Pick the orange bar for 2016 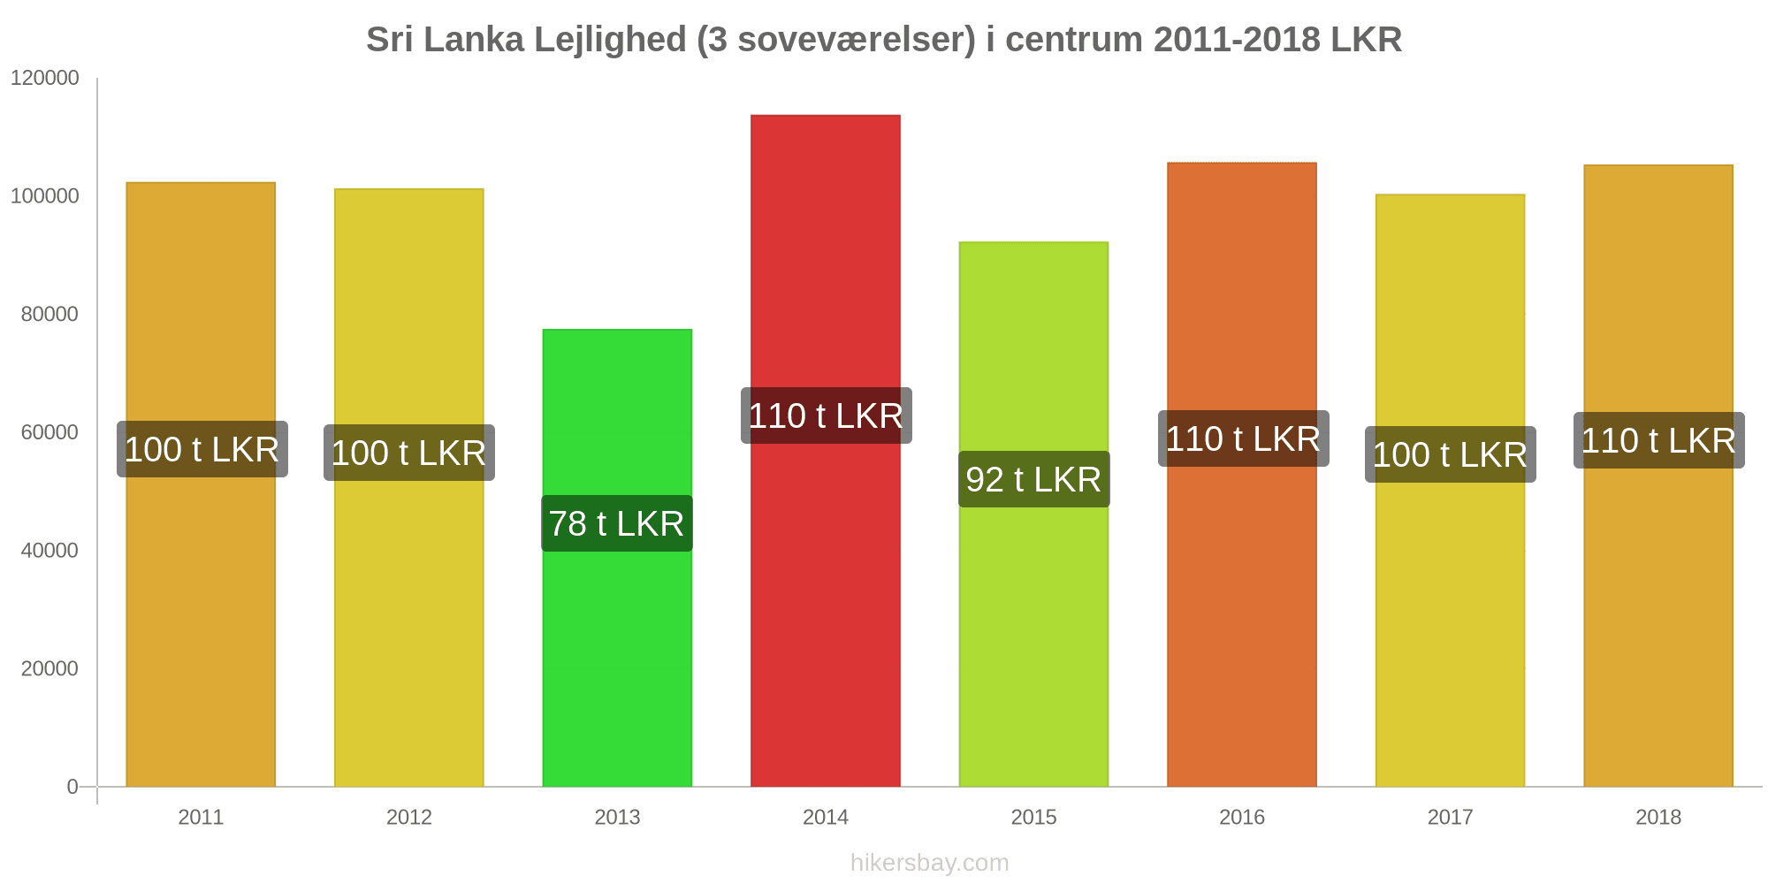[1242, 619]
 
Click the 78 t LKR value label [617, 523]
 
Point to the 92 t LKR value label [1033, 479]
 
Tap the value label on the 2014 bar [826, 415]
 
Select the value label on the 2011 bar [202, 449]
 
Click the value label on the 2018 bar [1658, 440]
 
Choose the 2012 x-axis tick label [409, 817]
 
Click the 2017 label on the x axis [1451, 817]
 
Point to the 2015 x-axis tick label [1033, 817]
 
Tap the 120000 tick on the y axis [45, 78]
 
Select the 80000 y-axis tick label [50, 314]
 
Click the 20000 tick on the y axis [50, 668]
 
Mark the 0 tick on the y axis [72, 787]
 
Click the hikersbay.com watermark [929, 862]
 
